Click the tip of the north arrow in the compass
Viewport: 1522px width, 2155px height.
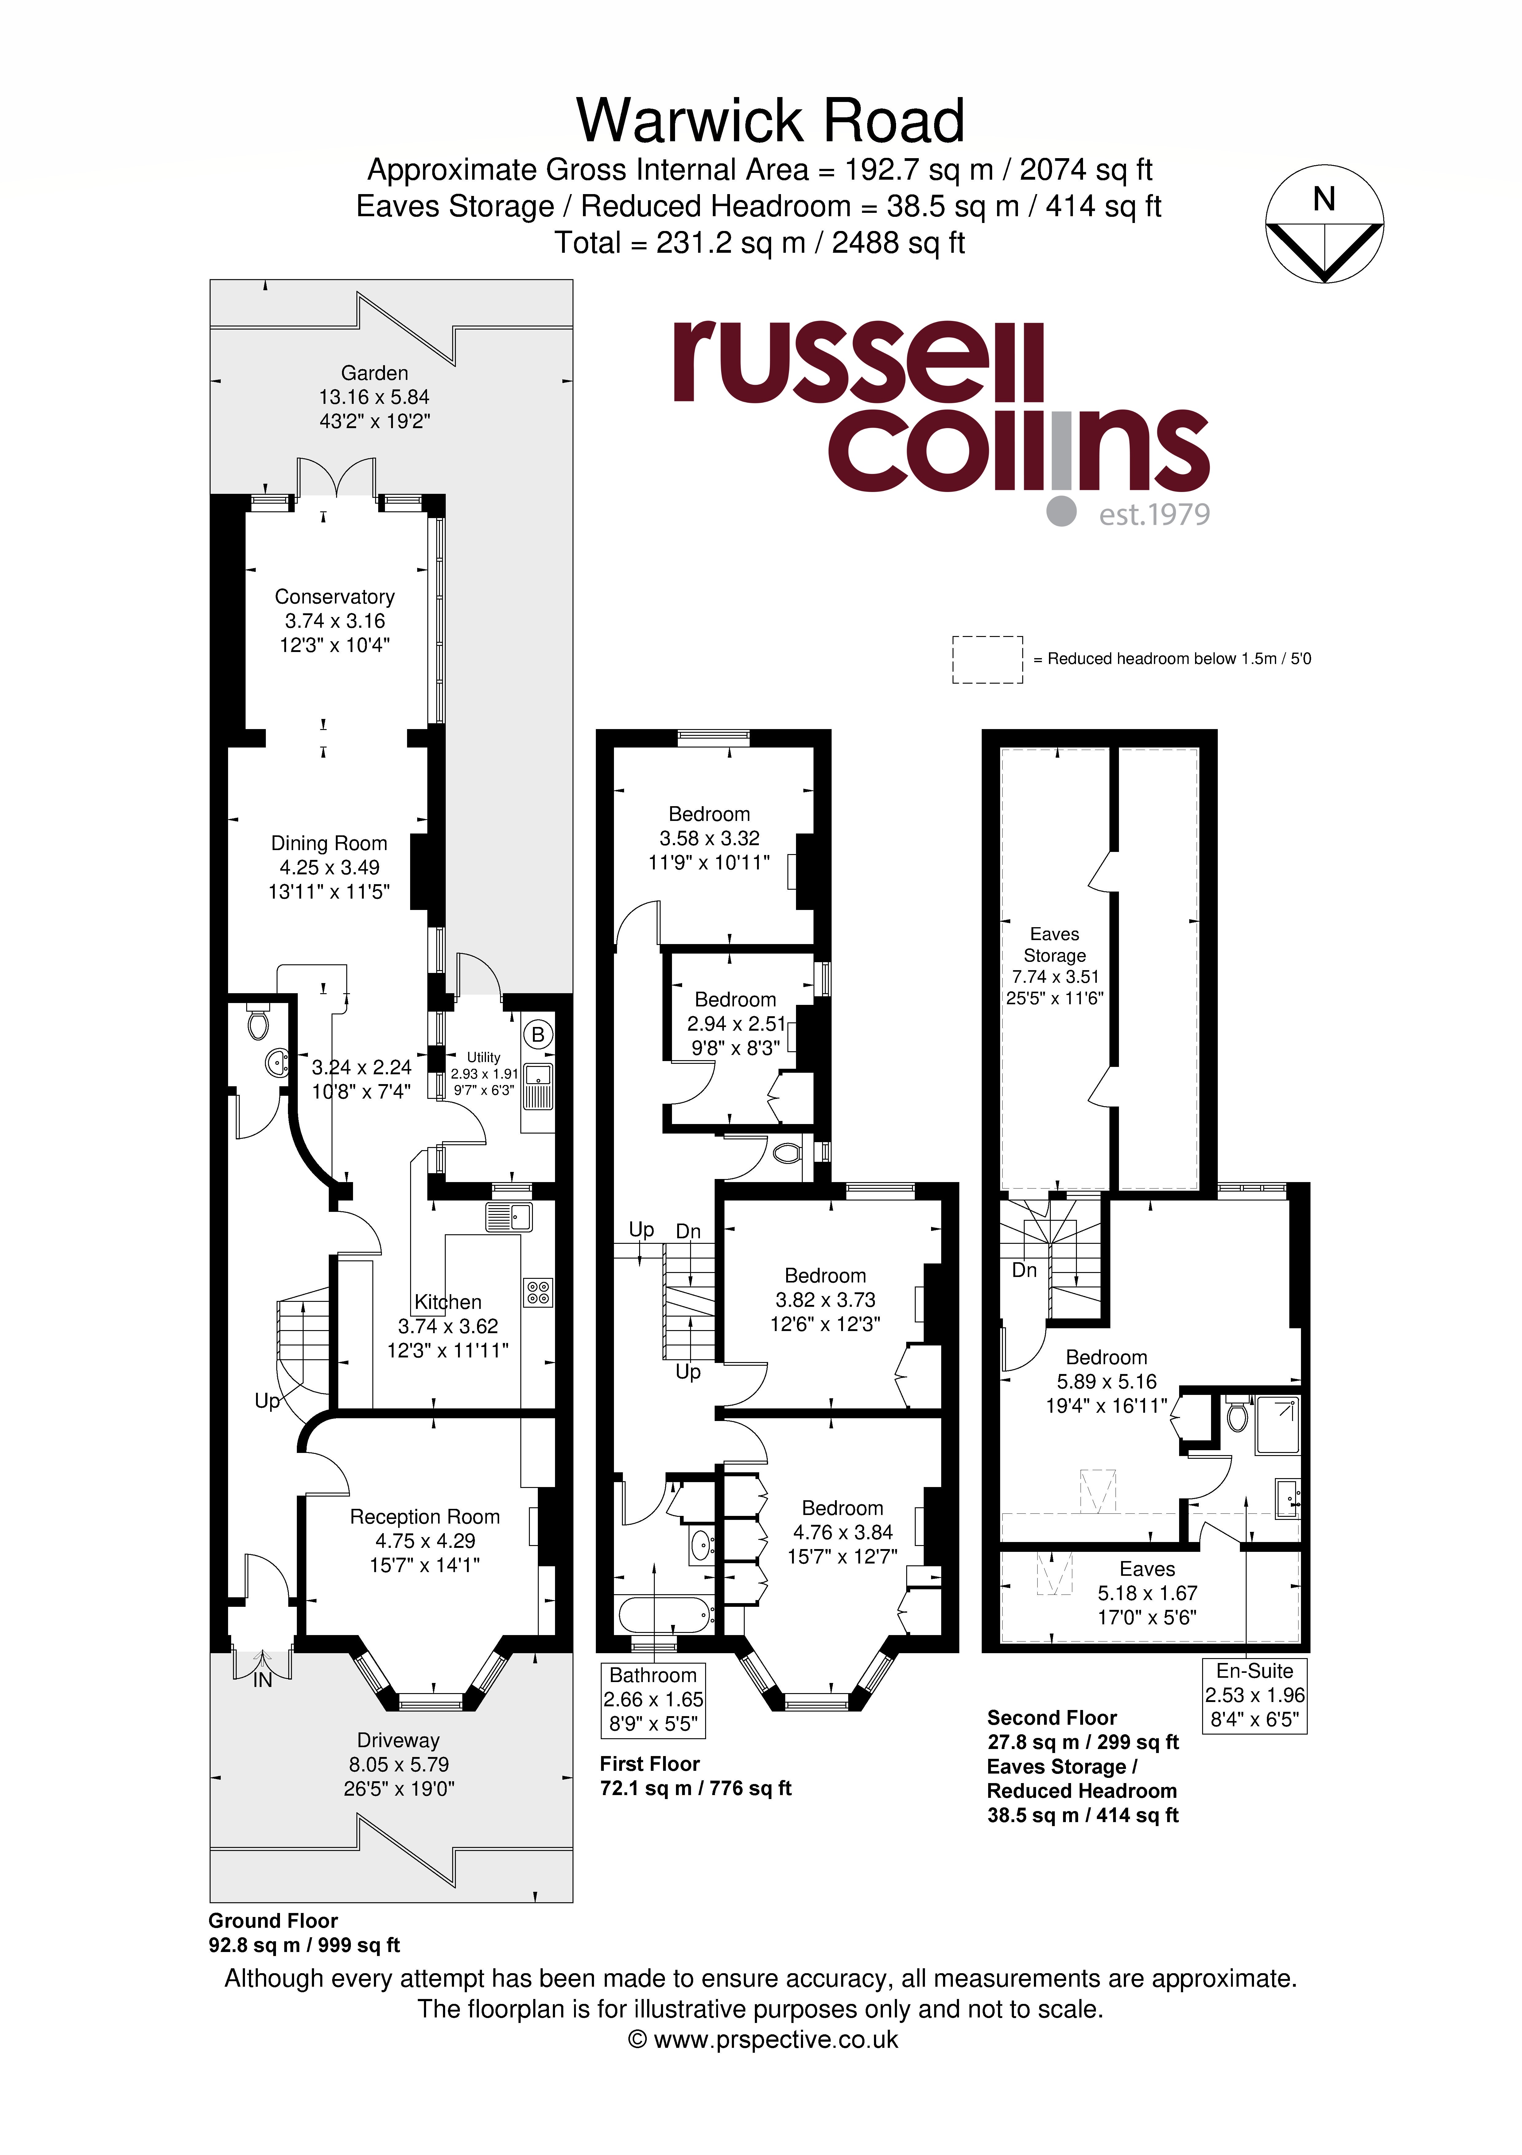[x=1324, y=281]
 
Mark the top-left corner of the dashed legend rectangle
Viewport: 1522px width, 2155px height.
[x=953, y=636]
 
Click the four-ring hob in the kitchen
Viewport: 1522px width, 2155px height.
[x=538, y=1292]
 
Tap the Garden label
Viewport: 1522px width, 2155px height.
[x=375, y=373]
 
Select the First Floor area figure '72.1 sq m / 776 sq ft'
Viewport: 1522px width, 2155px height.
[x=695, y=1788]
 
